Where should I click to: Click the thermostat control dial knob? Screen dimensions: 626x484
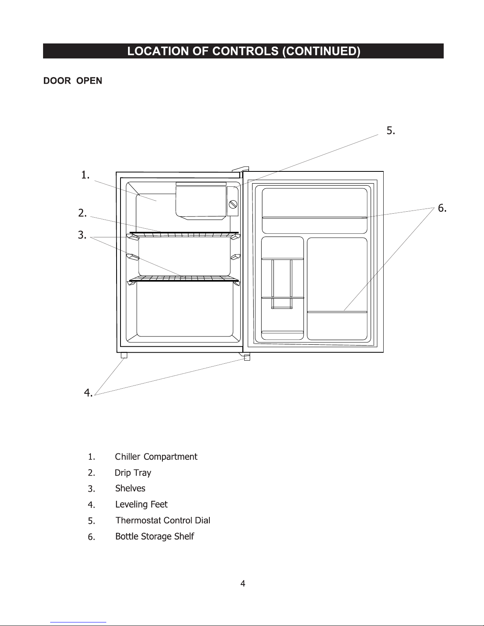[x=233, y=204]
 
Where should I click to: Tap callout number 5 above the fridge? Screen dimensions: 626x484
[x=391, y=131]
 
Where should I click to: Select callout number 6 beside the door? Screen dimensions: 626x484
[x=442, y=208]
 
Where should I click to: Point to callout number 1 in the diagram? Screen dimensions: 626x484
[x=85, y=175]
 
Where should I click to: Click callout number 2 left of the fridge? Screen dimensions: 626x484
[x=83, y=213]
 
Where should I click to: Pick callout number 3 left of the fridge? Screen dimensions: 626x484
[x=82, y=236]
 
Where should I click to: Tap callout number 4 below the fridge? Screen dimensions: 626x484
[x=88, y=393]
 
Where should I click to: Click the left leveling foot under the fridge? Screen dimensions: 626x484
[x=124, y=355]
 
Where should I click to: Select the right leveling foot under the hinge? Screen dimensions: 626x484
[x=247, y=357]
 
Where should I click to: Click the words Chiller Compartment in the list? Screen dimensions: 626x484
[x=156, y=457]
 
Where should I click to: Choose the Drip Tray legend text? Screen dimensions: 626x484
[x=133, y=473]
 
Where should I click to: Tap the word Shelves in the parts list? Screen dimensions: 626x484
[x=130, y=489]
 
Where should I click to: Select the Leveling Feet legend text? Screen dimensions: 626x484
[x=141, y=504]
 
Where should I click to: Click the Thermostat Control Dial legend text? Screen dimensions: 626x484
[x=163, y=521]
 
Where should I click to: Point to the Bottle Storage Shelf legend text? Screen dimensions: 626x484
[x=154, y=536]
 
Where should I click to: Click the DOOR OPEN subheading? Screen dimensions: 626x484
[x=73, y=81]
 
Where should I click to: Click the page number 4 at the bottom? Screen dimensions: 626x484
[x=243, y=583]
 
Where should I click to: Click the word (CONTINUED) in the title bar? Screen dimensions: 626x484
[x=321, y=51]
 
